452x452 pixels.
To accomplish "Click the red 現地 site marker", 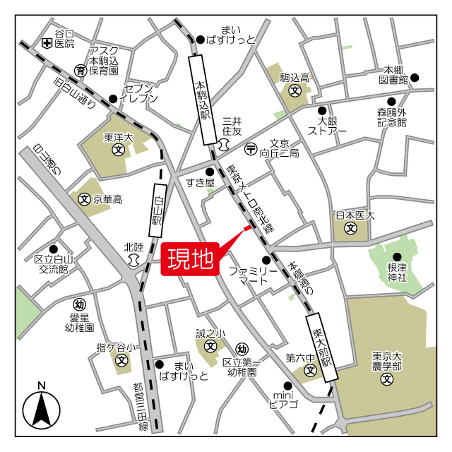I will click(189, 259).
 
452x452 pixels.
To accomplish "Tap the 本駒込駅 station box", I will click(203, 100).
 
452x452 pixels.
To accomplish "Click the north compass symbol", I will click(41, 409).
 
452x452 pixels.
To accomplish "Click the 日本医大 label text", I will click(355, 215).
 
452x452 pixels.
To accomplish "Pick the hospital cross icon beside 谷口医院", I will click(47, 44).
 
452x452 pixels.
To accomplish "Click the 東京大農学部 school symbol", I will click(386, 380).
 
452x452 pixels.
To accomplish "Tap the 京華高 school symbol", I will click(83, 199).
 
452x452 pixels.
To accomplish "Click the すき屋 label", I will click(200, 183).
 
